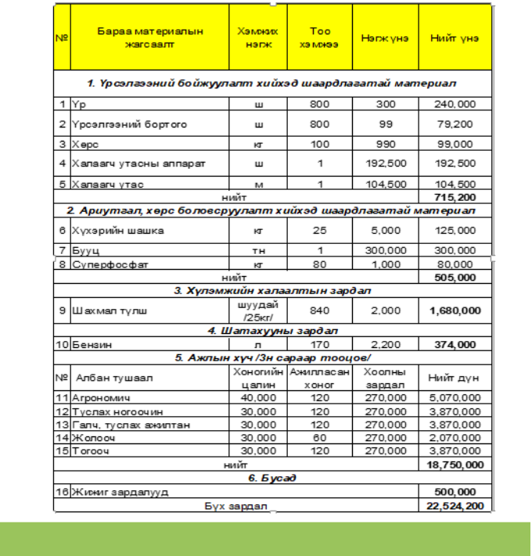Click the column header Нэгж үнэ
click(384, 38)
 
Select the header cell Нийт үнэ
click(455, 38)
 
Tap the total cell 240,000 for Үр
click(455, 104)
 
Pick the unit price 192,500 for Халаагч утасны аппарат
click(384, 163)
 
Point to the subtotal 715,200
click(455, 197)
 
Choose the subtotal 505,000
click(455, 278)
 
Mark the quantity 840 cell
click(320, 310)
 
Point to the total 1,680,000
click(455, 310)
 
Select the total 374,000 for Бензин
click(455, 343)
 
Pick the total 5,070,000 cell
click(455, 398)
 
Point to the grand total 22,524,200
click(455, 507)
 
